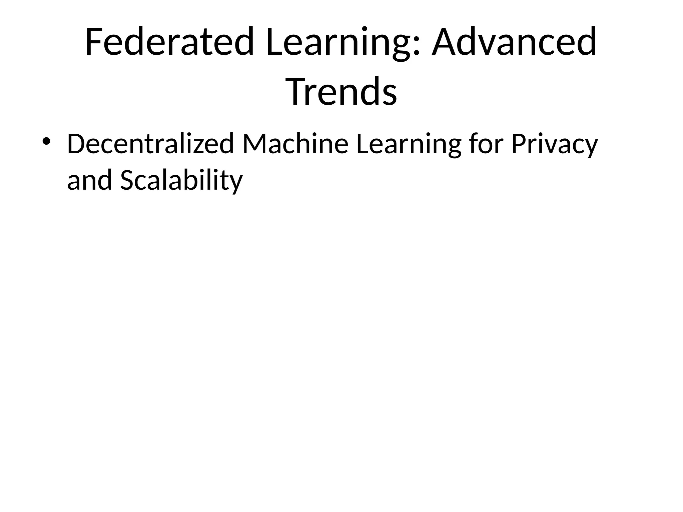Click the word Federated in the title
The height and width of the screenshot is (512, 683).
coord(170,42)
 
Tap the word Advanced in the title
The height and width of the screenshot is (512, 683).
coord(514,42)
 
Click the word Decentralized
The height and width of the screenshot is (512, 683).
coord(150,144)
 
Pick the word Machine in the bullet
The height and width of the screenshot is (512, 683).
coord(295,144)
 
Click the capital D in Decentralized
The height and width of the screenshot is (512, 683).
coord(76,144)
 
